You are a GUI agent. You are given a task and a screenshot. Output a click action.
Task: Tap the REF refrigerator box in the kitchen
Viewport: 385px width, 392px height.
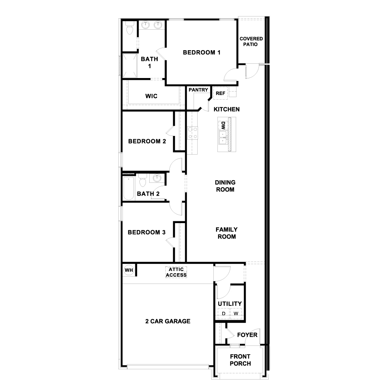point(220,93)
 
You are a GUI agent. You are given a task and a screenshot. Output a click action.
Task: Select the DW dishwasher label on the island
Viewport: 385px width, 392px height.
point(222,126)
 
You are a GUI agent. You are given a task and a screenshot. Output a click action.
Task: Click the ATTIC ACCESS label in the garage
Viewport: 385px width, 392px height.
point(176,272)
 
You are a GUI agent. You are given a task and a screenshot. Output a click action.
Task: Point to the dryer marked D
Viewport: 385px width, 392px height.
point(223,314)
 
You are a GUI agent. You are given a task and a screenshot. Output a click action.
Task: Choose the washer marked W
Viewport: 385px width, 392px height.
point(236,314)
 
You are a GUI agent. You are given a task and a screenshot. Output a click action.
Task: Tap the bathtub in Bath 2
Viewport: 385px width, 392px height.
point(129,188)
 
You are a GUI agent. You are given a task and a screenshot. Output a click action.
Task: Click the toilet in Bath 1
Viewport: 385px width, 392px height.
point(129,28)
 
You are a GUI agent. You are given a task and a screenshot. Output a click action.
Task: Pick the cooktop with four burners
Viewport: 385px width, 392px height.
point(192,133)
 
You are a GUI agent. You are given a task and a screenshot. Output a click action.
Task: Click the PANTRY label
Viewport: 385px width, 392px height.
point(198,90)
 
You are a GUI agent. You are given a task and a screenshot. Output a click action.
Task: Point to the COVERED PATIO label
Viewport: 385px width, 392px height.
point(251,41)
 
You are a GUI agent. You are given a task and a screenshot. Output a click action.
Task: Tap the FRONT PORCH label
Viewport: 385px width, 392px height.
point(240,360)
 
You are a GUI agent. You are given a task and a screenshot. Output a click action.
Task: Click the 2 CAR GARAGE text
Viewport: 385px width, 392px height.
point(168,321)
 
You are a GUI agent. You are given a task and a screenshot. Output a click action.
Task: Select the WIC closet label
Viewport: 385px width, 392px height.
point(151,96)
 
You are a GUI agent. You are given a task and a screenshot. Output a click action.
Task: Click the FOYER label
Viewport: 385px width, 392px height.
point(247,335)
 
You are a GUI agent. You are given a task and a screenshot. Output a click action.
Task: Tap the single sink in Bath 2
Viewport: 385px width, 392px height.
point(157,178)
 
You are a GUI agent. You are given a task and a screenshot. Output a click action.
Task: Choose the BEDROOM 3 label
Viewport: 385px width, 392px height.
point(146,232)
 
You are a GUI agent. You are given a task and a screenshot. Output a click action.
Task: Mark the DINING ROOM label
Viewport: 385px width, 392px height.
point(225,186)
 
